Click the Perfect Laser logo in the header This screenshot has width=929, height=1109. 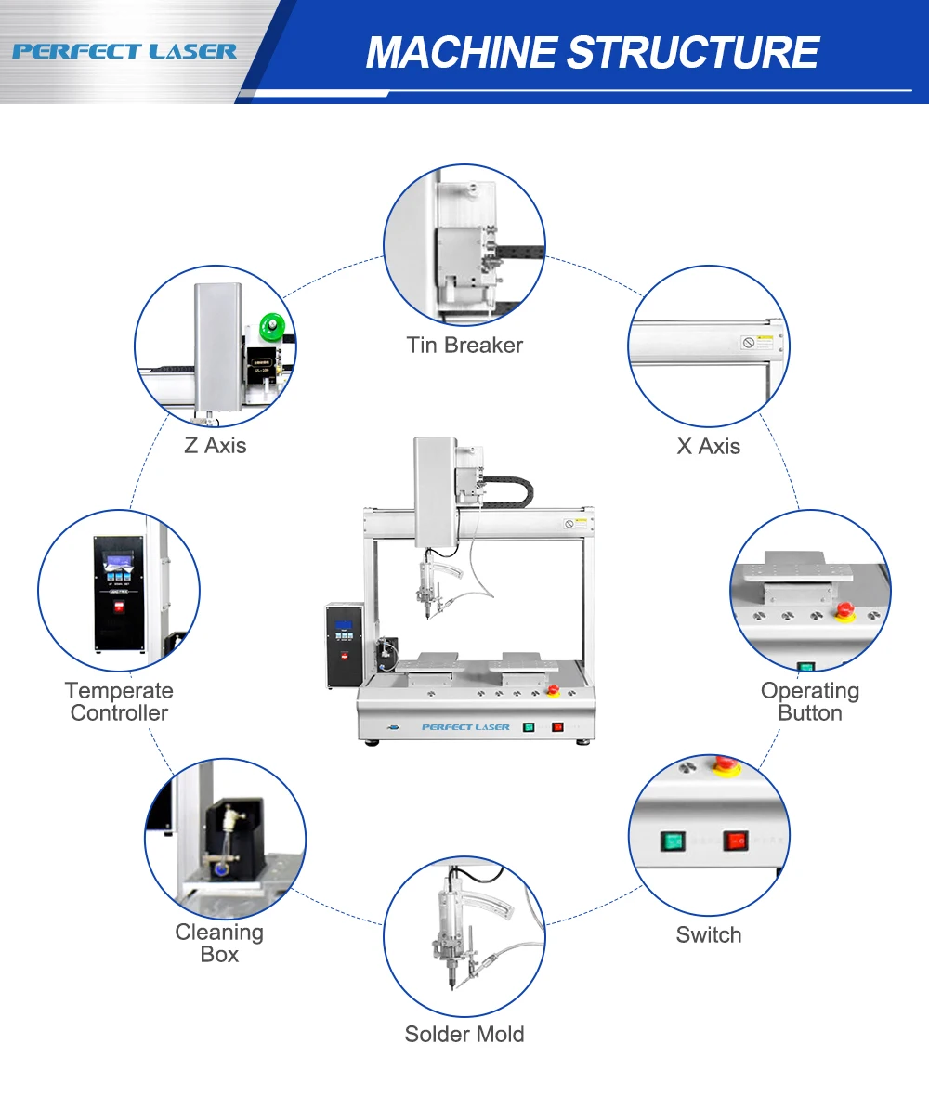pos(124,50)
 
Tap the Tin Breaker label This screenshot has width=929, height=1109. pos(464,346)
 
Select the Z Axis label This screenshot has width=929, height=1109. pos(215,446)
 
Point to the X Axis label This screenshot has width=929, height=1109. pos(709,447)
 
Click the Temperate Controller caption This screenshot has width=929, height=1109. pos(119,702)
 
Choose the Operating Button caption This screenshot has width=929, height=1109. pos(809,702)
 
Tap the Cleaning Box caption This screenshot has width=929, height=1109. pos(219,943)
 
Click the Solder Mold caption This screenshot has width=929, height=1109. pos(464,1035)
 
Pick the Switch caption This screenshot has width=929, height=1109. pos(709,935)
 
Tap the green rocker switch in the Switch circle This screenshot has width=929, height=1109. pos(672,842)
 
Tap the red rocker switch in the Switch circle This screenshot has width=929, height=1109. pos(736,841)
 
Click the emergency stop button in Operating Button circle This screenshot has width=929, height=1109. pos(846,609)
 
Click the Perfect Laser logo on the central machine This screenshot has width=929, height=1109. pos(465,727)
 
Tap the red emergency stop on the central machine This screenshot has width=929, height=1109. pos(553,690)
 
